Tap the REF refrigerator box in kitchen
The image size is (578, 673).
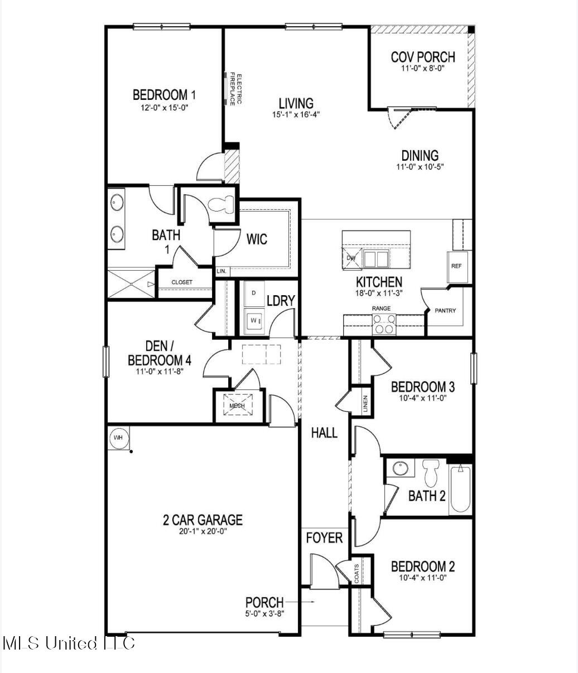(x=456, y=266)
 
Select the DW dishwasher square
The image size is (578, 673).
(x=351, y=258)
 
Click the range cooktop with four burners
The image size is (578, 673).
(x=383, y=324)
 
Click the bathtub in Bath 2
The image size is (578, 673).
(x=461, y=489)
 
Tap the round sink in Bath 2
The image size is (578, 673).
(x=400, y=468)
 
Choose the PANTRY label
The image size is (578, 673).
(x=446, y=310)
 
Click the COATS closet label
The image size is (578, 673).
(x=357, y=574)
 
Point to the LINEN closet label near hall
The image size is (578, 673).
(x=365, y=403)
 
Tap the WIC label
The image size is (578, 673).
(x=257, y=239)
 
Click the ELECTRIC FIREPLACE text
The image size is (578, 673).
(x=237, y=89)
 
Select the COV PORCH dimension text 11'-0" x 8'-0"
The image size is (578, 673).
(x=422, y=69)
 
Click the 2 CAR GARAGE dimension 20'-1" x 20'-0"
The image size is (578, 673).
(x=203, y=531)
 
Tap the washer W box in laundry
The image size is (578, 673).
(x=254, y=320)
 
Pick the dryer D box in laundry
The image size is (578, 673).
(x=254, y=292)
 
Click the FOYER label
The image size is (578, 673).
(x=324, y=537)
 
